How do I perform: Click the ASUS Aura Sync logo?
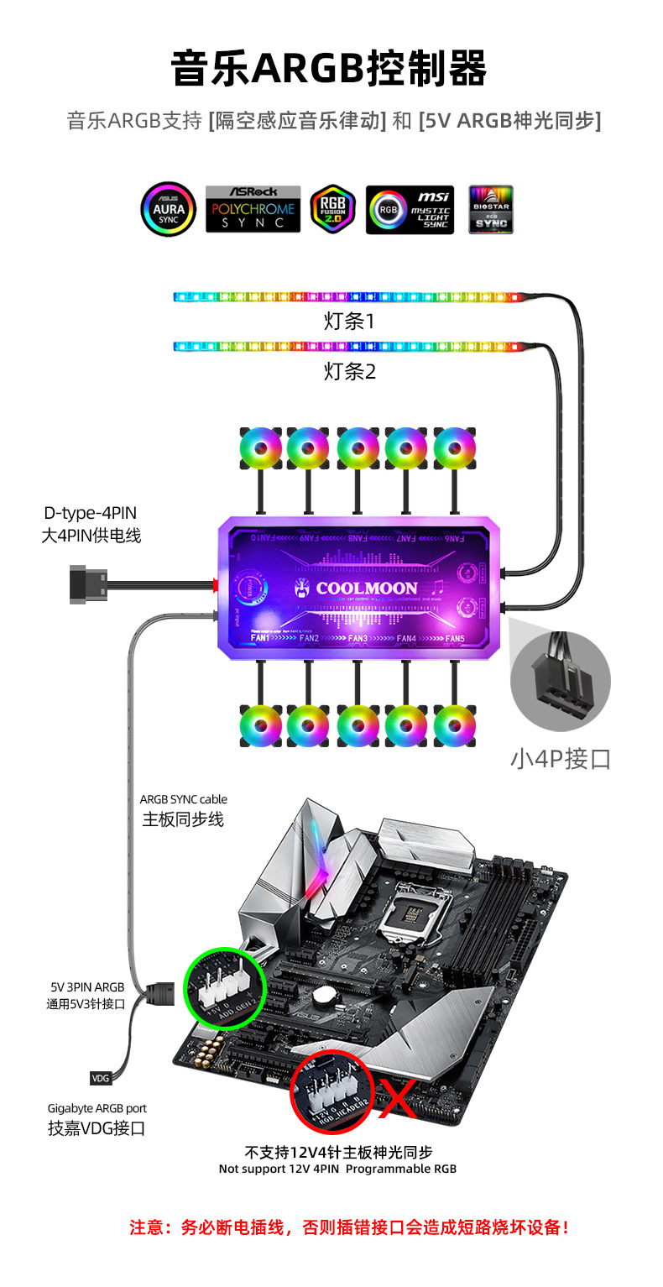[168, 209]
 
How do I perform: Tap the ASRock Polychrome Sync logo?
[253, 209]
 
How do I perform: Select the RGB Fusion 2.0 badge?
[333, 209]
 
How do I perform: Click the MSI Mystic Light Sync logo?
[410, 209]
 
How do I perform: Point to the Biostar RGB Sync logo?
[491, 209]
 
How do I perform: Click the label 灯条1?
[349, 321]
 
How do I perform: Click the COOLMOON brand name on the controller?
[367, 589]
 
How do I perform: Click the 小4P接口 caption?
[560, 759]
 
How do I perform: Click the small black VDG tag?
[100, 1078]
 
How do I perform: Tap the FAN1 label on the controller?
[260, 639]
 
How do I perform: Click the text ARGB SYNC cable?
[183, 799]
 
